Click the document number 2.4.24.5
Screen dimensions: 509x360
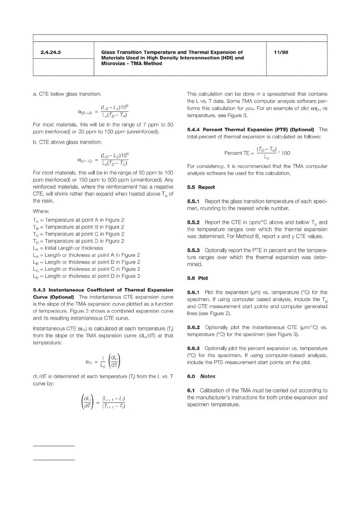(50, 52)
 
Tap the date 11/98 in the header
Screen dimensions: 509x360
(281, 52)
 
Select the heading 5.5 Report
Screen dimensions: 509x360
(201, 187)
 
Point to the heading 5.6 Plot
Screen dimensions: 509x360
(197, 278)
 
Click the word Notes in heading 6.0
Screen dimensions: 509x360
(208, 377)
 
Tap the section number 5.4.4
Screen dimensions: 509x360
(193, 130)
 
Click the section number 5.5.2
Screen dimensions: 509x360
(193, 222)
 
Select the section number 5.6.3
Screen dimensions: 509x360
(193, 349)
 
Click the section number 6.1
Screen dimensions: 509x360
(191, 391)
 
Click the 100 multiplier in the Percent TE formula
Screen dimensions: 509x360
(286, 153)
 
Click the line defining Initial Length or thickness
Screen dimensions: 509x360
(68, 248)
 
